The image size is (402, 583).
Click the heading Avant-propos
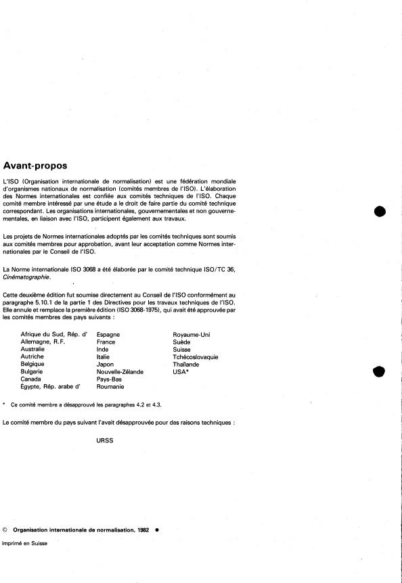tap(40, 166)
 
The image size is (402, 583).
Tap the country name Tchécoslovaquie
tap(196, 357)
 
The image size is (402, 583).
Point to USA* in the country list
tap(181, 372)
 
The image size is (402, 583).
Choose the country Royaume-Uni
tap(192, 335)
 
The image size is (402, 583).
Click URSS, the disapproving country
tap(106, 440)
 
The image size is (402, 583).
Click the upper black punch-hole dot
tap(379, 211)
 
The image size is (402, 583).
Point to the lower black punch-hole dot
tap(379, 371)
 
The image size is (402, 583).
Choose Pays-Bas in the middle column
tap(110, 379)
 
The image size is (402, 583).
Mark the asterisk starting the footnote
tap(5, 404)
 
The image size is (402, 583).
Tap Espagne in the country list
tap(109, 335)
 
